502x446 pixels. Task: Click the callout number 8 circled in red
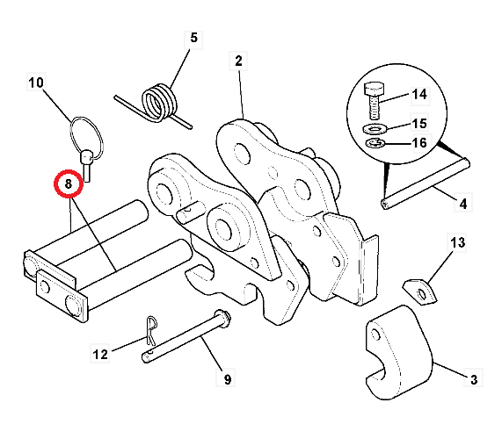pyautogui.click(x=68, y=184)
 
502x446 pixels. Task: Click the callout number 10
pyautogui.click(x=35, y=83)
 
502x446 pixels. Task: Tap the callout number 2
pyautogui.click(x=237, y=61)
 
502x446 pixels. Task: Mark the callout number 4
pyautogui.click(x=462, y=205)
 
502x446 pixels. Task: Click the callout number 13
pyautogui.click(x=457, y=241)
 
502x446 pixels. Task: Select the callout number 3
pyautogui.click(x=473, y=379)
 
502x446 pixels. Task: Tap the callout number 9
pyautogui.click(x=227, y=379)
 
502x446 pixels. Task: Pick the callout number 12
pyautogui.click(x=100, y=355)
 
